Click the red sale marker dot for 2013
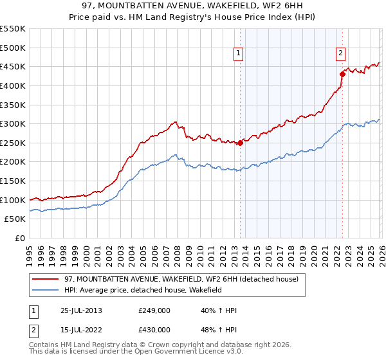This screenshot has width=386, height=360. pyautogui.click(x=240, y=143)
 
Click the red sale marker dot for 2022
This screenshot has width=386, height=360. pyautogui.click(x=342, y=74)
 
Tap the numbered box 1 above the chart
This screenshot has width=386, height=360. pyautogui.click(x=239, y=54)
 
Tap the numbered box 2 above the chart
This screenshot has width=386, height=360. pyautogui.click(x=340, y=54)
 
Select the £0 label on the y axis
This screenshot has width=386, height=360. pyautogui.click(x=21, y=239)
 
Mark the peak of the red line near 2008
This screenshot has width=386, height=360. pyautogui.click(x=175, y=122)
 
